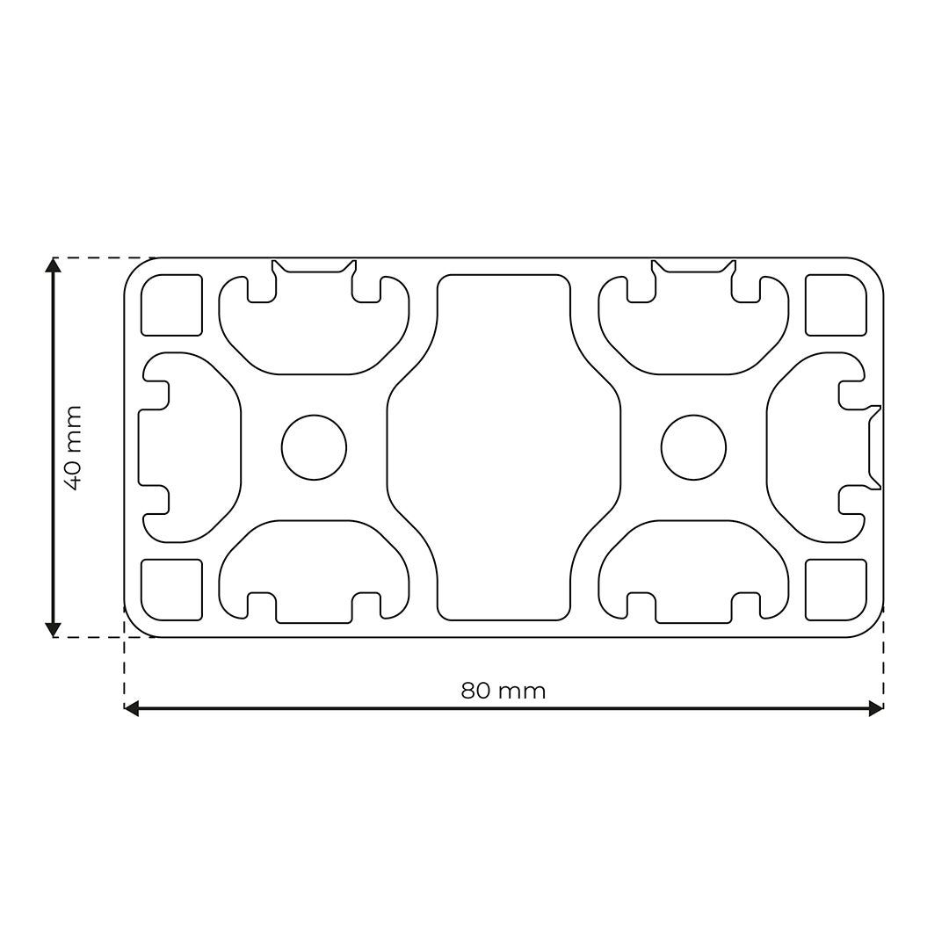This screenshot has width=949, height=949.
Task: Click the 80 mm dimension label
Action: point(503,691)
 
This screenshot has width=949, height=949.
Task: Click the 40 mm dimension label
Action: point(72,447)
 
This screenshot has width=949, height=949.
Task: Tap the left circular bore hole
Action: point(314,447)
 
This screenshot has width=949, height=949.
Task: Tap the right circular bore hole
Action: point(693,447)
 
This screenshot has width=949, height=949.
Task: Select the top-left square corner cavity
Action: point(171,305)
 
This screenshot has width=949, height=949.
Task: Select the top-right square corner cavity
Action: point(836,305)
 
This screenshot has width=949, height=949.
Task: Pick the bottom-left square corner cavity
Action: point(171,590)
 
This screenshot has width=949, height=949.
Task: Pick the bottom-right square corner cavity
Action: point(836,590)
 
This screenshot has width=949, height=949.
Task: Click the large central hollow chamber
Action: point(503,447)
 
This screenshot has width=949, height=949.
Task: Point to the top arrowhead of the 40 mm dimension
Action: point(53,264)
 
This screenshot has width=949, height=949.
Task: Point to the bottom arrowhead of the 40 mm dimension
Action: point(53,629)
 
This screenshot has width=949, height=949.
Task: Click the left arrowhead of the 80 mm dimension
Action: point(132,708)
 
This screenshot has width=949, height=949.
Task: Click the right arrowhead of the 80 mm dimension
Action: point(875,708)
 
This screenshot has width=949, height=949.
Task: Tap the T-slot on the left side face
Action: point(189,447)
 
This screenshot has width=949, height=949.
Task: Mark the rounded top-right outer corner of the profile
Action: point(873,269)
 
